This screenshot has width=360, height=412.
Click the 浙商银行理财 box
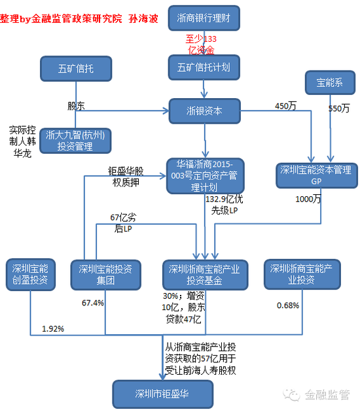point(204,18)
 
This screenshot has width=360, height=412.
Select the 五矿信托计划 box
point(204,67)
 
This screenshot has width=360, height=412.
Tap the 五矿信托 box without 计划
point(76,69)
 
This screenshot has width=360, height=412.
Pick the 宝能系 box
point(330,82)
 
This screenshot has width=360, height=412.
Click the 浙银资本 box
point(205,111)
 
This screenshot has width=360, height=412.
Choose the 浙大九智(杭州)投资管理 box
point(75,141)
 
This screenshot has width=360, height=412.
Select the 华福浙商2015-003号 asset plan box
point(206,176)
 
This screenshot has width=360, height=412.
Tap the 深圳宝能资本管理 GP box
point(317,175)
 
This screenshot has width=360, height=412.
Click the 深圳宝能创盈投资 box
point(31,275)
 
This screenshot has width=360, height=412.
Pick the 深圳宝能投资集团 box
point(106,275)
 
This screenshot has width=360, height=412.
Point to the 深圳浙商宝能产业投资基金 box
point(205,275)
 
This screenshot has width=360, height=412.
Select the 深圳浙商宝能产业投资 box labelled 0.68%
point(302,274)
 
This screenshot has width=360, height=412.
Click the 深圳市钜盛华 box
point(162,394)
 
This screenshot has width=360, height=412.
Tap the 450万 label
point(285,106)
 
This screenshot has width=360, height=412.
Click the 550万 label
point(339,109)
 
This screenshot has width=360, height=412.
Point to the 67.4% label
point(93,303)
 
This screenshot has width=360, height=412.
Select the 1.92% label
point(53,329)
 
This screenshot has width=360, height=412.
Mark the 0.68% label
point(288,305)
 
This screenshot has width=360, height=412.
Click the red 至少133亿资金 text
point(201,44)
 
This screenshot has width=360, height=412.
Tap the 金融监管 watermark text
point(327,394)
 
